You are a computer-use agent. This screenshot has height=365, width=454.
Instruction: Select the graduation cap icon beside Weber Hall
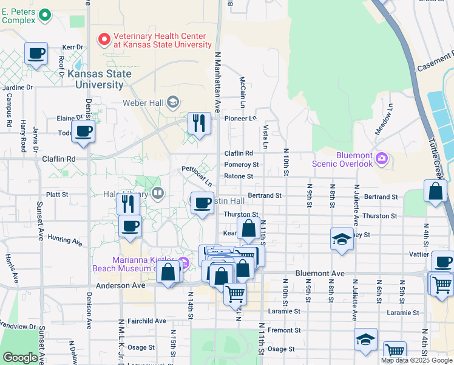(x=174, y=101)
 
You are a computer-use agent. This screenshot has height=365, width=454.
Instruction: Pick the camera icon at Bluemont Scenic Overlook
(x=381, y=159)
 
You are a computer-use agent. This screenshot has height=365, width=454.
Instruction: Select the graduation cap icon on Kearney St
(x=342, y=238)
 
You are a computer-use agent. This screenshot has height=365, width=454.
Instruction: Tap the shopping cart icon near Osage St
(x=395, y=350)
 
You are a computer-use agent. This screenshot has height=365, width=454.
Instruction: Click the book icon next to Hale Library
(x=158, y=193)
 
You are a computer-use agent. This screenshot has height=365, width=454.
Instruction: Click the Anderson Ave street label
(x=120, y=285)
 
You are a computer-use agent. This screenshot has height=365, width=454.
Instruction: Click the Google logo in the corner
(x=20, y=358)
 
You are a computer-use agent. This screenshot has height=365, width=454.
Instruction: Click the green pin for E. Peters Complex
(x=44, y=15)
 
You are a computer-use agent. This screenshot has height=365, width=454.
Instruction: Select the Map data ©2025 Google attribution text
(x=416, y=360)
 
